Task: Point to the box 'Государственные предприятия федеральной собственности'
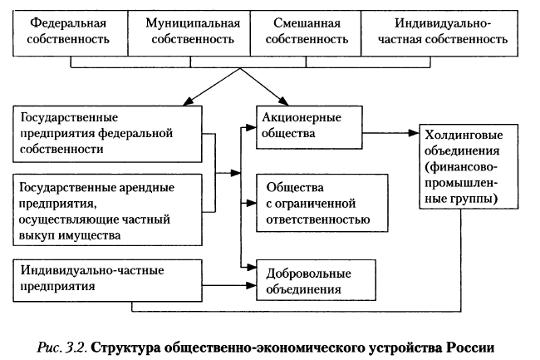[x=108, y=132]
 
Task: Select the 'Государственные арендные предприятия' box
[x=108, y=208]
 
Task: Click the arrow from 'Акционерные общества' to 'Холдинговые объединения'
[x=390, y=132]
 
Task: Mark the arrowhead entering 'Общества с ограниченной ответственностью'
[x=249, y=202]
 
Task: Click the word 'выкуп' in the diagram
[x=35, y=235]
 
